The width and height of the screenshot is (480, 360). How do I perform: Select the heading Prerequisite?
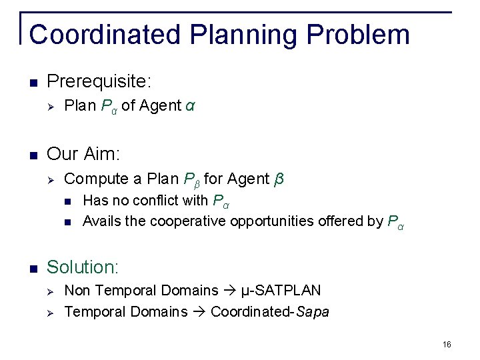coord(99,82)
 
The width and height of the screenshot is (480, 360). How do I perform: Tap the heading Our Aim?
coord(83,155)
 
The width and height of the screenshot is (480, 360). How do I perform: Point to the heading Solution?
coord(82,267)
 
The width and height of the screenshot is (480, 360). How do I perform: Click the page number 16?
coord(446,344)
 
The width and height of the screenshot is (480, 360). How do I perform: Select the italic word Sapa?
coord(313,312)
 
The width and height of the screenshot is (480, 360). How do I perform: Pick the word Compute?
coord(90,179)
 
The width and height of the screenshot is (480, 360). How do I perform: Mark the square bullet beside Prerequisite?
coord(33,83)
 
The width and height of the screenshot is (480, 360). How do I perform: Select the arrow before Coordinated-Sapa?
coord(199,312)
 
